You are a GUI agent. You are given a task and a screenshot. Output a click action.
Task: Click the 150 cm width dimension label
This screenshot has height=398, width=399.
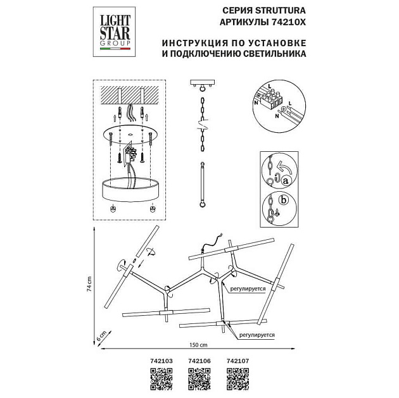pos(199,345)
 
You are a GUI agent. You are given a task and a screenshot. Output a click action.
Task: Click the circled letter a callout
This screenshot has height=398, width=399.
pos(286,182)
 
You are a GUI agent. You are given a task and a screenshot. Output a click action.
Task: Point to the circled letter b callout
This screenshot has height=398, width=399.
pos(284,201)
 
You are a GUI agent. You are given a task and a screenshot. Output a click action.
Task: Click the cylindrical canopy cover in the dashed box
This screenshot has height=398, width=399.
pos(129,188)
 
